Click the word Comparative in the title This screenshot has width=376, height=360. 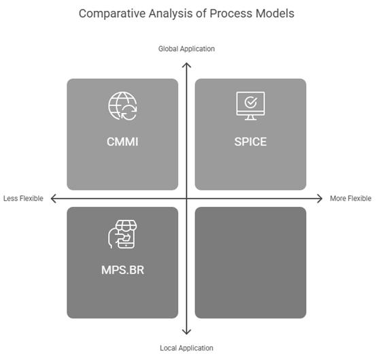pos(112,14)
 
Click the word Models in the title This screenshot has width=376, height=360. pos(275,14)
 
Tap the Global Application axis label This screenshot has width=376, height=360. pos(186,49)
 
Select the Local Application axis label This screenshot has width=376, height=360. pos(186,348)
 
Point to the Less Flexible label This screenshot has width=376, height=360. pos(23,199)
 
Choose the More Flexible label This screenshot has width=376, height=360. pos(351,199)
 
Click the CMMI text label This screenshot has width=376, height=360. pos(122,142)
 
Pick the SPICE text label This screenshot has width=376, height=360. pos(250,142)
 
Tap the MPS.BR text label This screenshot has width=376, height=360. pos(122,270)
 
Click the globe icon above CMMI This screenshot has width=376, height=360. pos(122,106)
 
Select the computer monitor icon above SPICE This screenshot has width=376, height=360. pos(251,106)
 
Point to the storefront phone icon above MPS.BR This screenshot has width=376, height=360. pos(122,234)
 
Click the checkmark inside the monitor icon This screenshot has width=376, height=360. pos(251,103)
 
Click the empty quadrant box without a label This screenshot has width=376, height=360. pos(251,263)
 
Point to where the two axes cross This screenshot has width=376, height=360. pos(186,199)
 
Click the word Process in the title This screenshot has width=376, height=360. pos(231,14)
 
